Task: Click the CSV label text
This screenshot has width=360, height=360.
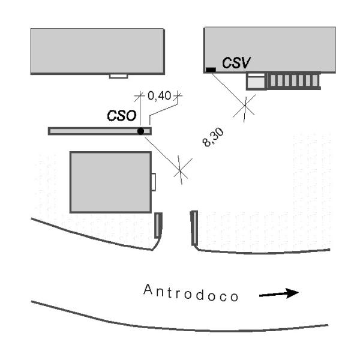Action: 236,62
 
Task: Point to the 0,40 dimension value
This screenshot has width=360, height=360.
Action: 158,95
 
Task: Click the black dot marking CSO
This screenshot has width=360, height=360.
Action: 140,131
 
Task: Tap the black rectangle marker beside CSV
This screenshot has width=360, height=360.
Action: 211,70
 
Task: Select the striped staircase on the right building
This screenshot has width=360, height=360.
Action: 293,80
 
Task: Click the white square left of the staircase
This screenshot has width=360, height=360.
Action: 256,80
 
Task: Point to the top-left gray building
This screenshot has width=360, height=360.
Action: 97,50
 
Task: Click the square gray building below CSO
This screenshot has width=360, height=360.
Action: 110,182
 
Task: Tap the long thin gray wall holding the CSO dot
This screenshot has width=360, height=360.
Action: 90,131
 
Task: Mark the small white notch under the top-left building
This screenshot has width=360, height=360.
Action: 118,76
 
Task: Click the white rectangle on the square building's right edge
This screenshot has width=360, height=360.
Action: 153,182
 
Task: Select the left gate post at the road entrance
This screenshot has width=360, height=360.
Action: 158,225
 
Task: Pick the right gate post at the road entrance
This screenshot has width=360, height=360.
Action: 194,227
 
